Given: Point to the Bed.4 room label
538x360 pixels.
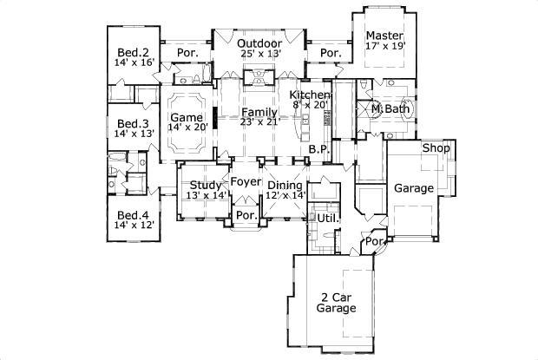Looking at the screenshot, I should click(133, 216).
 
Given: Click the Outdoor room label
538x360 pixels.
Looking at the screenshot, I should click(259, 43).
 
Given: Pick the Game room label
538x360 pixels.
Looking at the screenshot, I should click(186, 117).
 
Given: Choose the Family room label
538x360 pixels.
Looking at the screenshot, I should click(259, 113).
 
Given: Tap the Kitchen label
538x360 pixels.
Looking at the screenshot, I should click(310, 95).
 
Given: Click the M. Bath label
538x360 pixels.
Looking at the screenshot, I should click(389, 109).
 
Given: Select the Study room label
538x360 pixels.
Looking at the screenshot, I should click(206, 185).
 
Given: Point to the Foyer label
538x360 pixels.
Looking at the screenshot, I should click(246, 181).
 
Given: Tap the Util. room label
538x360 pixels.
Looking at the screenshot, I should click(326, 217).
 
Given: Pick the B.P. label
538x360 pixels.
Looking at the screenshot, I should click(318, 149).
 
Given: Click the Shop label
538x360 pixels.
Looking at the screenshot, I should click(435, 148).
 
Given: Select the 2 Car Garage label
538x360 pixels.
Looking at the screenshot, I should click(335, 302).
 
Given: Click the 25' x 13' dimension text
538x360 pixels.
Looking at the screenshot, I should click(259, 55).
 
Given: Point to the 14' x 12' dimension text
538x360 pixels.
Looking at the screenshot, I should click(133, 226).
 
